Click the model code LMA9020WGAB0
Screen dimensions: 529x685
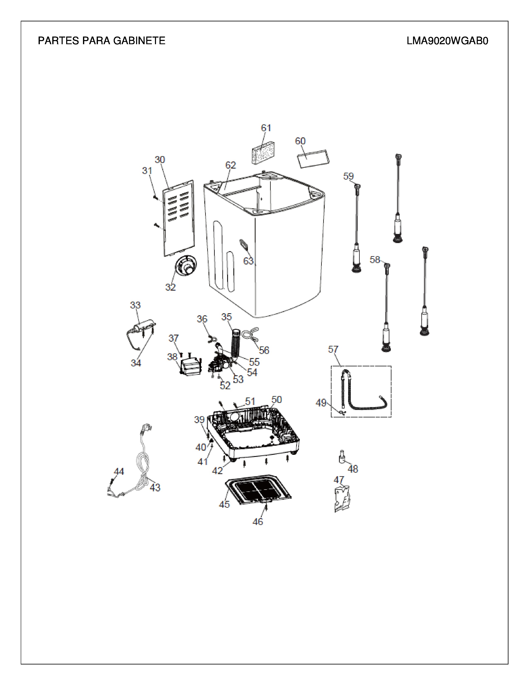[447, 41]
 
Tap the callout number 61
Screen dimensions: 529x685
[266, 128]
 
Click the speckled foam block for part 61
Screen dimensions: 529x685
[264, 152]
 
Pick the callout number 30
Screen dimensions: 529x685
[160, 160]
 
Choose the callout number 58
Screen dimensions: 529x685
[375, 260]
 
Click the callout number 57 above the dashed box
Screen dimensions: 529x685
[333, 349]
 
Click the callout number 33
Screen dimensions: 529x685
[135, 305]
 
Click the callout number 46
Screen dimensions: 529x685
[258, 522]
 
